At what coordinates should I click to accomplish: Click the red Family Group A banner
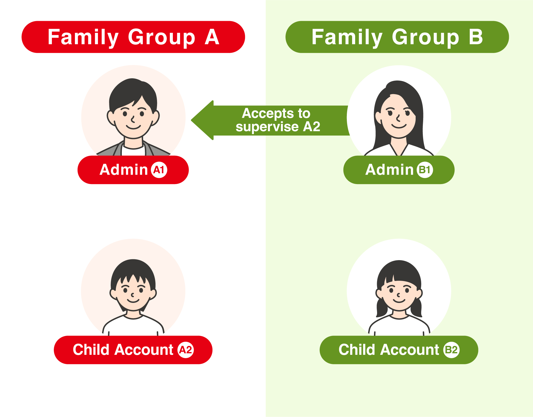(x=133, y=37)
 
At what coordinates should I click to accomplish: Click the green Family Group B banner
(x=397, y=37)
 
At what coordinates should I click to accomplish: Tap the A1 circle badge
(x=159, y=170)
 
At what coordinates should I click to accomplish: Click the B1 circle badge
(x=425, y=170)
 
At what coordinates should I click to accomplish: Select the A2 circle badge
(x=186, y=350)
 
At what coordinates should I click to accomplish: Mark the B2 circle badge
(x=451, y=350)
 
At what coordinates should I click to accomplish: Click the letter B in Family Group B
(x=476, y=37)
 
